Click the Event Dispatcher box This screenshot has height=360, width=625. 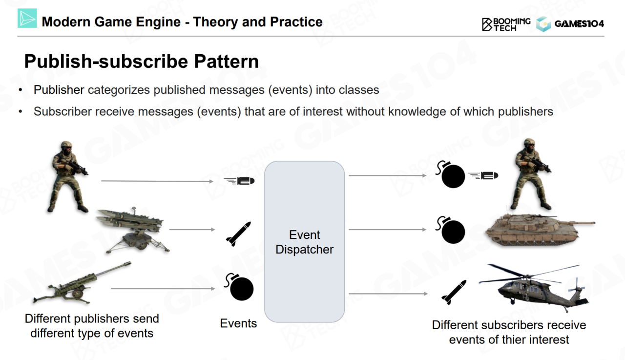coord(304,242)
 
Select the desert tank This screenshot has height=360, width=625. coord(540,230)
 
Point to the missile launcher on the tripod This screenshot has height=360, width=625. coord(132,231)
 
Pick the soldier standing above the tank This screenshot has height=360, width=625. coord(532,173)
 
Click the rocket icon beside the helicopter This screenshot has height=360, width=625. coord(454,292)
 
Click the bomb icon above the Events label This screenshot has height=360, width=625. coord(239,287)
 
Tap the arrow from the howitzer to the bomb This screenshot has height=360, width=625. coord(163,289)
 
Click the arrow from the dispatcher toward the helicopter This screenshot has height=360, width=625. coord(388,294)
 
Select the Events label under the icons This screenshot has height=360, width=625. coord(238,323)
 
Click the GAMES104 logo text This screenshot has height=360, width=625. coord(579,24)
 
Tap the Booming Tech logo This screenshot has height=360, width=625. coord(506,24)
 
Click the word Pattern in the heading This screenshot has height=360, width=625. coord(226,61)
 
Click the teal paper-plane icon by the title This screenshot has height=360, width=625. coord(27,19)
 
